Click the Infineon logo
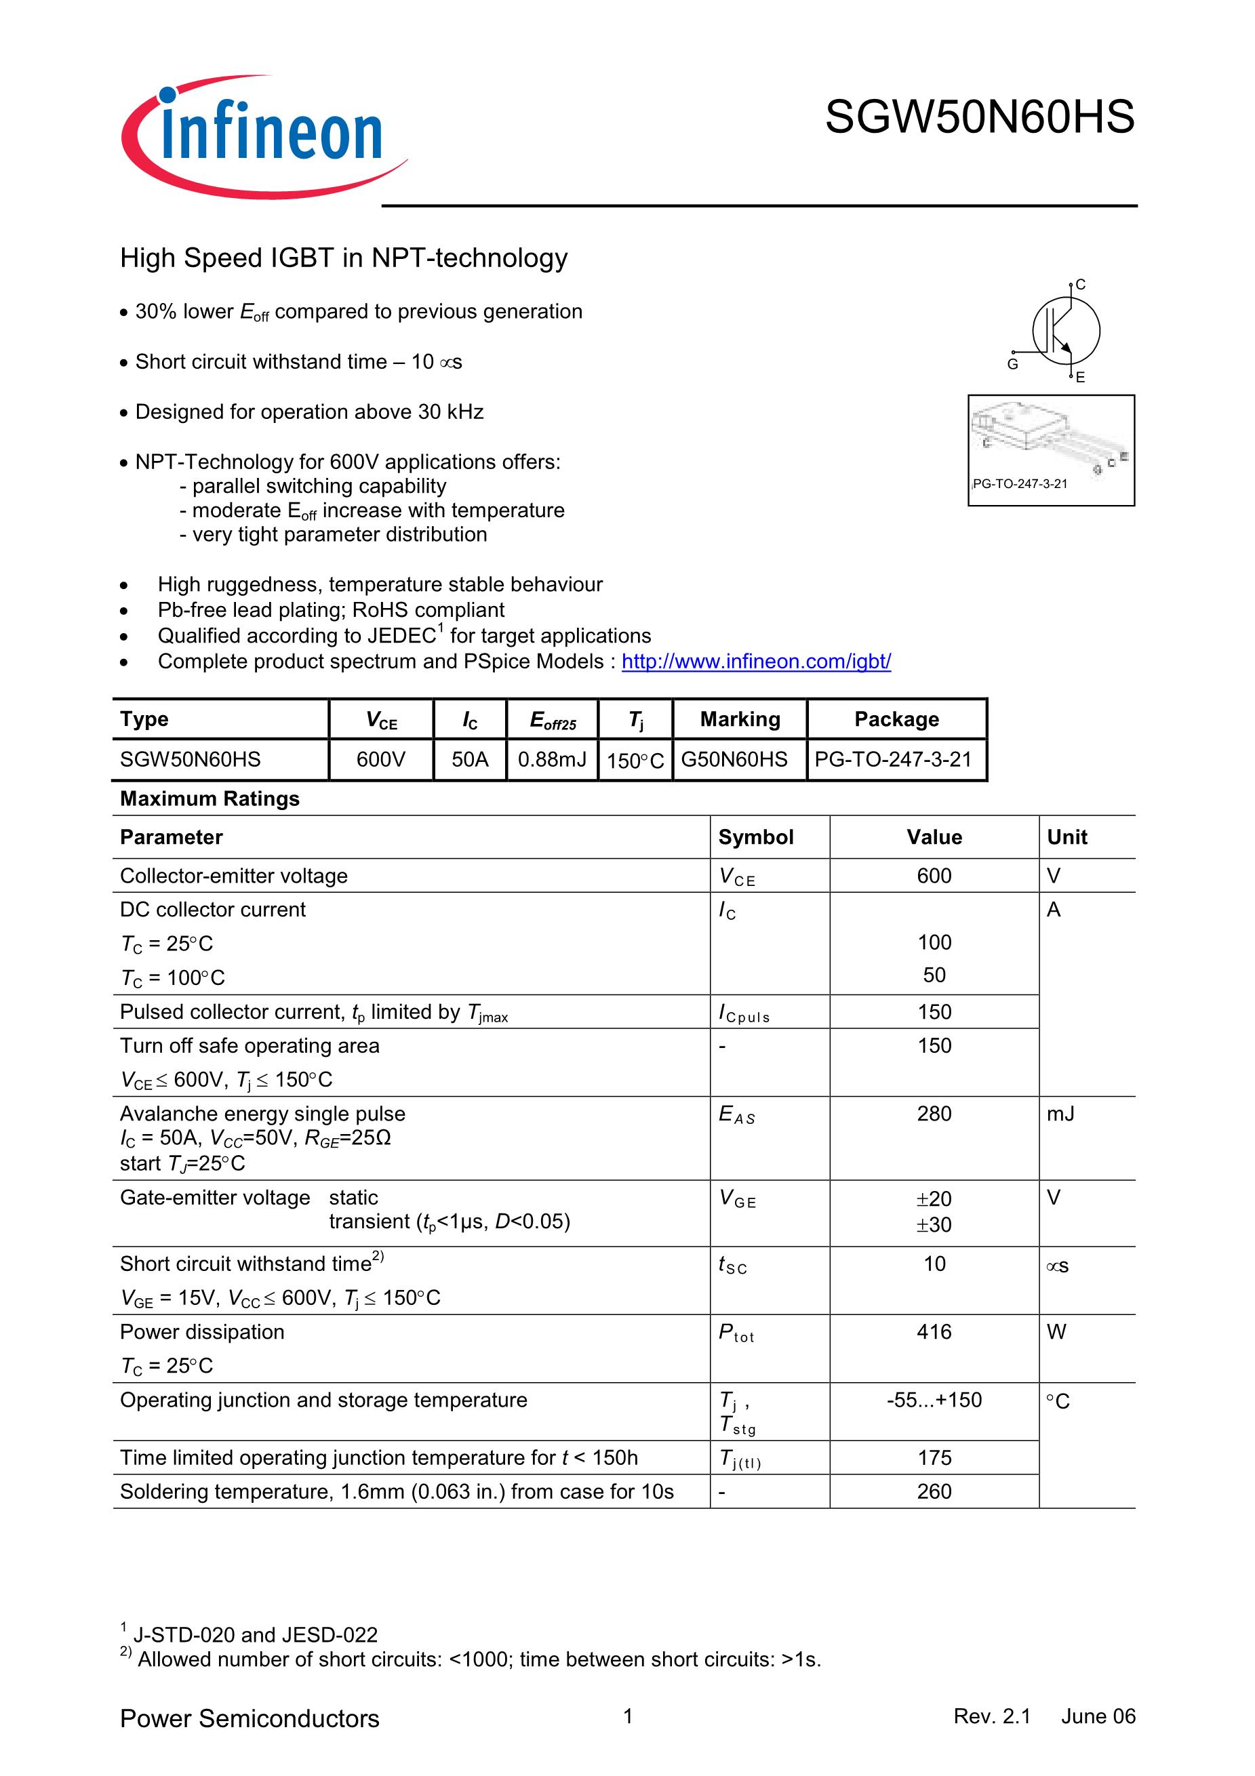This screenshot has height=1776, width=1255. [263, 136]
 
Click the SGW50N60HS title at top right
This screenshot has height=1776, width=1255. [979, 117]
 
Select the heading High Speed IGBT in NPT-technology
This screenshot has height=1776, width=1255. [344, 258]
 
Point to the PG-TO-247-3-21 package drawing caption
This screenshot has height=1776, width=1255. [1020, 484]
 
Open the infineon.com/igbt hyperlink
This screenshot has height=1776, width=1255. [756, 662]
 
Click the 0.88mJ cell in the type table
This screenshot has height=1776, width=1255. [552, 760]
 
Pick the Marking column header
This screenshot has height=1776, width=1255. [740, 719]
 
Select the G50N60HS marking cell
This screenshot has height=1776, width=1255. [734, 760]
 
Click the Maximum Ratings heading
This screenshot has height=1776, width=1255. [210, 799]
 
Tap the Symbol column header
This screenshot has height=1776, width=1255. [755, 837]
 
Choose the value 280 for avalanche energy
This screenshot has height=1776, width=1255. [934, 1114]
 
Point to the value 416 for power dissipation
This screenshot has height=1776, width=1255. [934, 1332]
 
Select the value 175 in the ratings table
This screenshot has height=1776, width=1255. [934, 1458]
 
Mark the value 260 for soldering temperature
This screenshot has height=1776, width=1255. [934, 1491]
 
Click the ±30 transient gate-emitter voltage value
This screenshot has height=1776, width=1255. [934, 1226]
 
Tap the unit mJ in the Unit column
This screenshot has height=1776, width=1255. [1060, 1114]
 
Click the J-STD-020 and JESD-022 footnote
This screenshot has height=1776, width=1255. [254, 1635]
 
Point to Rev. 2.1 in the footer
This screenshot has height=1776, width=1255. [992, 1716]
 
